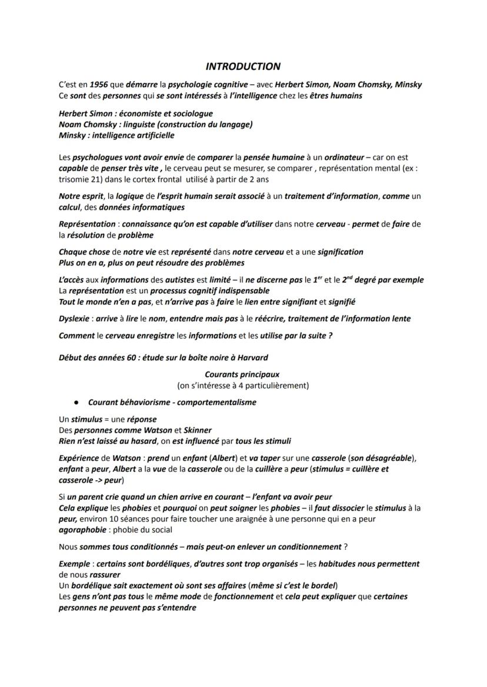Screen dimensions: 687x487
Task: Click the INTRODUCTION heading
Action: coord(243,66)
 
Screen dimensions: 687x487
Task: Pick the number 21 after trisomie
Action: coord(91,179)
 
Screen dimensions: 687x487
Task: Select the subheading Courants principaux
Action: coord(242,374)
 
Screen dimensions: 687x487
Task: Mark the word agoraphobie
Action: coord(82,530)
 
